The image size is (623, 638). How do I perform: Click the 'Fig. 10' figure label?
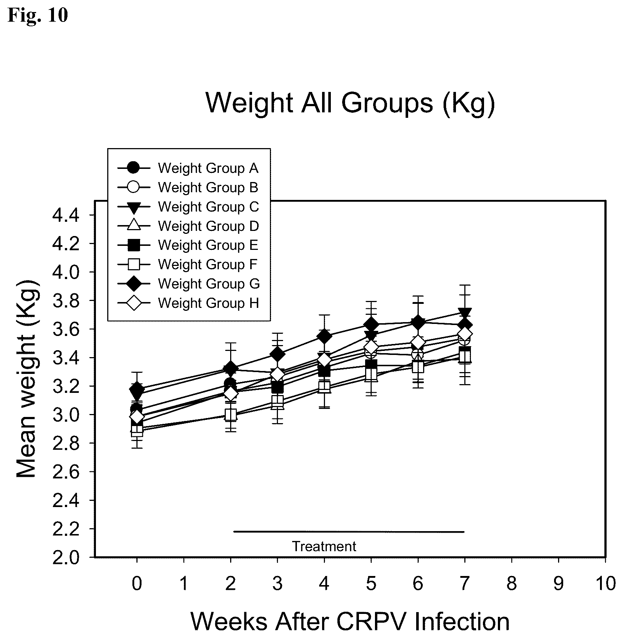[x=38, y=15]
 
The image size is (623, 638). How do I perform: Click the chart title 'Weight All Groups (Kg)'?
[x=351, y=103]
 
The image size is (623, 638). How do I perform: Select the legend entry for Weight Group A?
[x=188, y=168]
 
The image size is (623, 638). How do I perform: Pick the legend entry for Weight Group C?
[x=188, y=207]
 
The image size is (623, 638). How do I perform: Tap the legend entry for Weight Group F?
[x=187, y=264]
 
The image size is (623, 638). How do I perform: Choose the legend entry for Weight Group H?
[x=188, y=303]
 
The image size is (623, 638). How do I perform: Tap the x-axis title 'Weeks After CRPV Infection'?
[x=350, y=621]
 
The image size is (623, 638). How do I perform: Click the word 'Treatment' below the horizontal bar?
[x=324, y=546]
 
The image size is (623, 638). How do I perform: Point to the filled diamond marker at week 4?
[x=324, y=336]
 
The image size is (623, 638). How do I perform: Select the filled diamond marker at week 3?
[x=278, y=354]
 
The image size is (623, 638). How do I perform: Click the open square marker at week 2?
[x=231, y=414]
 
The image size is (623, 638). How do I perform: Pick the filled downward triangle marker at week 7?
[x=464, y=313]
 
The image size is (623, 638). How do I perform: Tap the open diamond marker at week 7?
[x=464, y=334]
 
